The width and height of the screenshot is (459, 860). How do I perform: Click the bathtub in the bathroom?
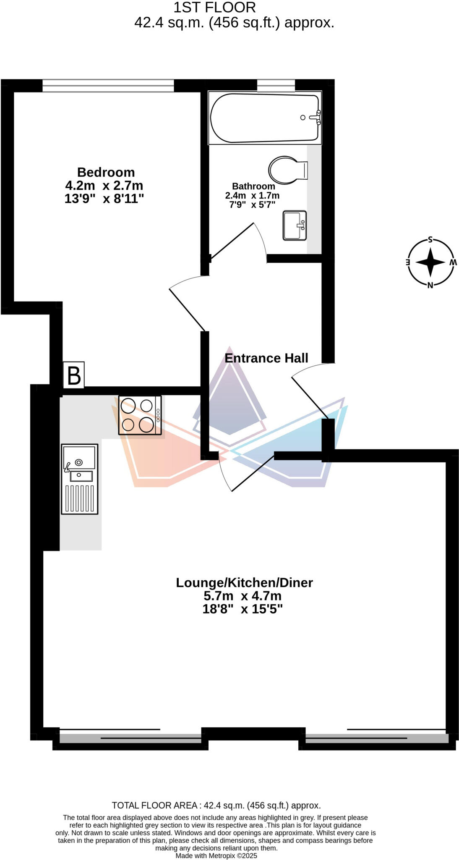tap(264, 118)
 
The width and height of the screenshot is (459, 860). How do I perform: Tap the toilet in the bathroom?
tap(288, 170)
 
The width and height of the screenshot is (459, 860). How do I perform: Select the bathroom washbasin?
tap(295, 225)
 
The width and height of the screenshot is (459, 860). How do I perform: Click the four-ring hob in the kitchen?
tap(140, 415)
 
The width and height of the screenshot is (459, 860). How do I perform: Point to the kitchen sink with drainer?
tap(80, 479)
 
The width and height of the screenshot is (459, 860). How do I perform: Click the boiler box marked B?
tap(74, 375)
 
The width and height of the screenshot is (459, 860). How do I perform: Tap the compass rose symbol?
tap(430, 262)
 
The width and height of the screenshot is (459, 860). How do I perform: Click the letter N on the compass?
tap(430, 286)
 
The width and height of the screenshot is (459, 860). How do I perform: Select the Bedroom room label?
tap(106, 172)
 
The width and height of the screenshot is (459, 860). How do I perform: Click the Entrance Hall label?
tap(266, 358)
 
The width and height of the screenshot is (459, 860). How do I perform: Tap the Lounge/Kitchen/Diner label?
tap(244, 582)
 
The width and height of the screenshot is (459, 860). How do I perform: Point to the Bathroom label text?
tap(253, 186)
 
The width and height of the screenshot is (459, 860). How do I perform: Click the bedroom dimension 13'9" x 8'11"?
tap(104, 198)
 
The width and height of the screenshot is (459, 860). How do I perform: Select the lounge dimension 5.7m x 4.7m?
tap(243, 596)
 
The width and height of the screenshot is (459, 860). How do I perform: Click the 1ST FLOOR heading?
tap(214, 8)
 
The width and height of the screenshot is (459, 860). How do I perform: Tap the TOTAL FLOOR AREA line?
tap(216, 805)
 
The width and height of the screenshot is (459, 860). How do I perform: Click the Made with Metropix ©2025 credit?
tap(216, 856)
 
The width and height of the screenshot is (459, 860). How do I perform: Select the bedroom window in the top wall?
tap(108, 86)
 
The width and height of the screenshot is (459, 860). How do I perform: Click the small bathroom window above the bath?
tap(276, 86)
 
